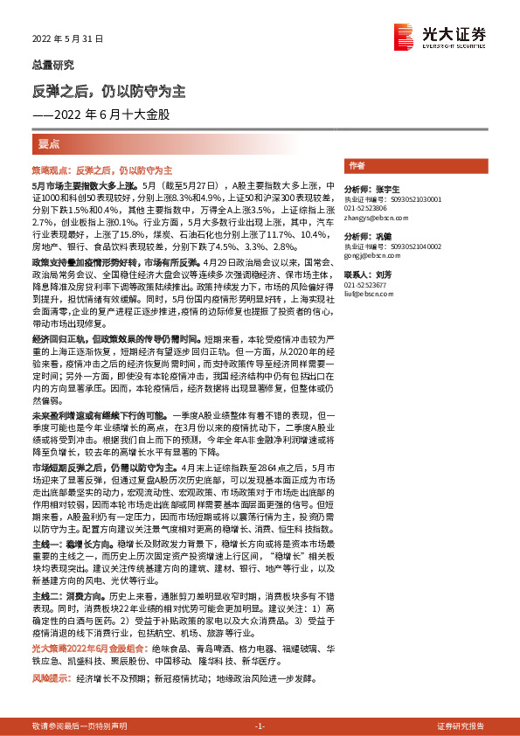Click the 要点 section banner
(50, 142)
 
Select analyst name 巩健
(385, 238)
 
